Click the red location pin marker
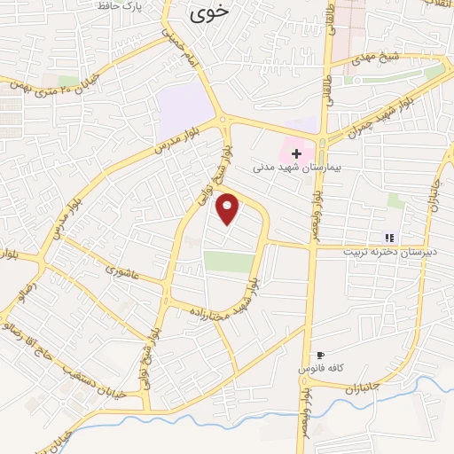point(228,208)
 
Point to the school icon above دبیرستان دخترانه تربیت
point(388,237)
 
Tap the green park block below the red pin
point(229,262)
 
